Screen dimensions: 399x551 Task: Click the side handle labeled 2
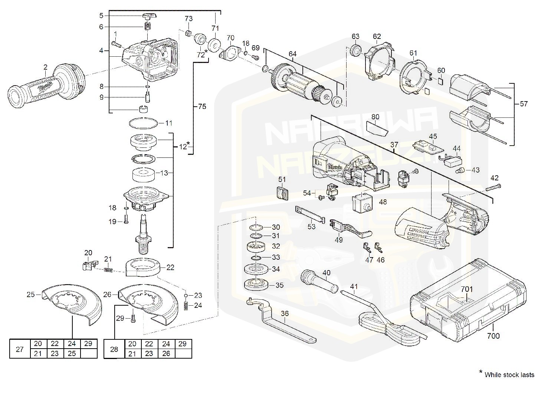(46, 87)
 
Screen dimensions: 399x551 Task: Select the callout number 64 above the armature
(292, 54)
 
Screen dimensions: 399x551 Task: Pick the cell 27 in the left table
(20, 349)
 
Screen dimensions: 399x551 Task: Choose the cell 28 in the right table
(114, 349)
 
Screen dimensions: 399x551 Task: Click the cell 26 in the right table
(166, 353)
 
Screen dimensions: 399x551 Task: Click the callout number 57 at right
(523, 104)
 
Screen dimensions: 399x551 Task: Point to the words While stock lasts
(509, 375)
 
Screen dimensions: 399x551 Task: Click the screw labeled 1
(117, 45)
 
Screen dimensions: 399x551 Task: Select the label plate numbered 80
(376, 128)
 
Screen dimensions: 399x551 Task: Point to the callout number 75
(202, 107)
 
